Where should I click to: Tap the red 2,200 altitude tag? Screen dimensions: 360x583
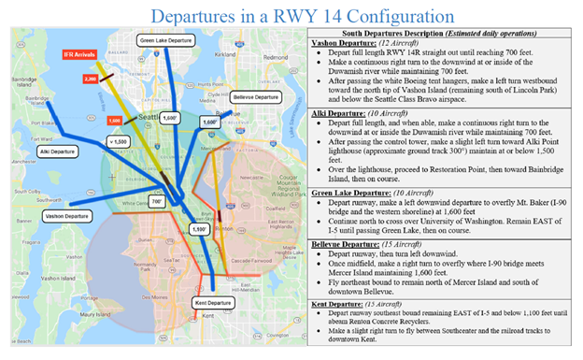pyautogui.click(x=91, y=80)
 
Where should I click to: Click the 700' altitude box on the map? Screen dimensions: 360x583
pyautogui.click(x=157, y=200)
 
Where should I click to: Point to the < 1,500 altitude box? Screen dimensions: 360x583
pyautogui.click(x=117, y=140)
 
